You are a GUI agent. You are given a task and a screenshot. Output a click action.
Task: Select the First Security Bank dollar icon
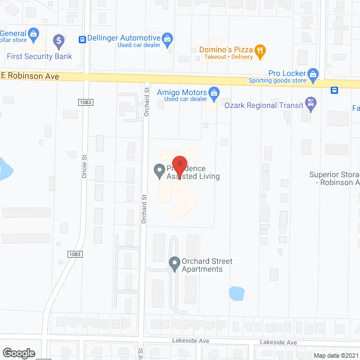(58, 40)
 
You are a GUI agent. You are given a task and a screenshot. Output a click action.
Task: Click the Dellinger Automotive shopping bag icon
(167, 38)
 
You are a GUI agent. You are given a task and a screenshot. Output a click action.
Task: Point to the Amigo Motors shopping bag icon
(213, 92)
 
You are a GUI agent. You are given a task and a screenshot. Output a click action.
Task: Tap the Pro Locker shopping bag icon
(314, 73)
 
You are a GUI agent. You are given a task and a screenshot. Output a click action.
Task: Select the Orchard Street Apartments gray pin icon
(174, 262)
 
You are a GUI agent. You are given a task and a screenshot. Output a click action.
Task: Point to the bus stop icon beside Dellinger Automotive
(83, 39)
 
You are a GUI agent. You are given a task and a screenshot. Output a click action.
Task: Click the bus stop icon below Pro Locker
(334, 90)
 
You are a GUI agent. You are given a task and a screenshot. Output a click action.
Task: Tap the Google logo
(19, 353)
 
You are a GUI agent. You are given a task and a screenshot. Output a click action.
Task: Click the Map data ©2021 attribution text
(335, 355)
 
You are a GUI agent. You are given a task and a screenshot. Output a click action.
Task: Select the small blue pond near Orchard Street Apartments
(236, 293)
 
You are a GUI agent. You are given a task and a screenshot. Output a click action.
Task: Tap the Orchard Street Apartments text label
(206, 265)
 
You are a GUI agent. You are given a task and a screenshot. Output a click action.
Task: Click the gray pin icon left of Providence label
(160, 169)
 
